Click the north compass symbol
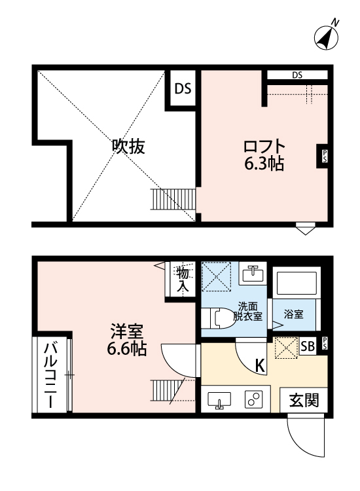click(327, 37)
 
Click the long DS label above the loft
click(297, 75)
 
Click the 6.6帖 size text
click(127, 349)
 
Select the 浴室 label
click(293, 315)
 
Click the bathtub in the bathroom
click(296, 284)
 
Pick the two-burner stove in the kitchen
click(253, 399)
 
